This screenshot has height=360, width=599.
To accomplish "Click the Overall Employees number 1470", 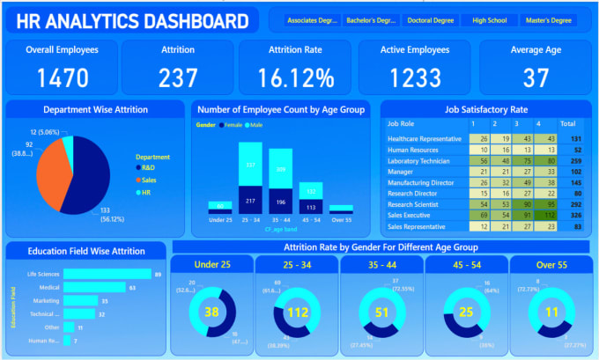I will (x=61, y=78).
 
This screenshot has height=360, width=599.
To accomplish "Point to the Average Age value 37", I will (x=535, y=78).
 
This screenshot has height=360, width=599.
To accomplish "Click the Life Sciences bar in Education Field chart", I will (x=107, y=274).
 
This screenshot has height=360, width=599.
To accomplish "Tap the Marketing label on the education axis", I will (x=48, y=300).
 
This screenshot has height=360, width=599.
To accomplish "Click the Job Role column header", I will (x=402, y=123).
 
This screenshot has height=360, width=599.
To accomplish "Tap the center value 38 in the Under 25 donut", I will (x=212, y=311).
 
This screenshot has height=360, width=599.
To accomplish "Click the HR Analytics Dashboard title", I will (x=132, y=21).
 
